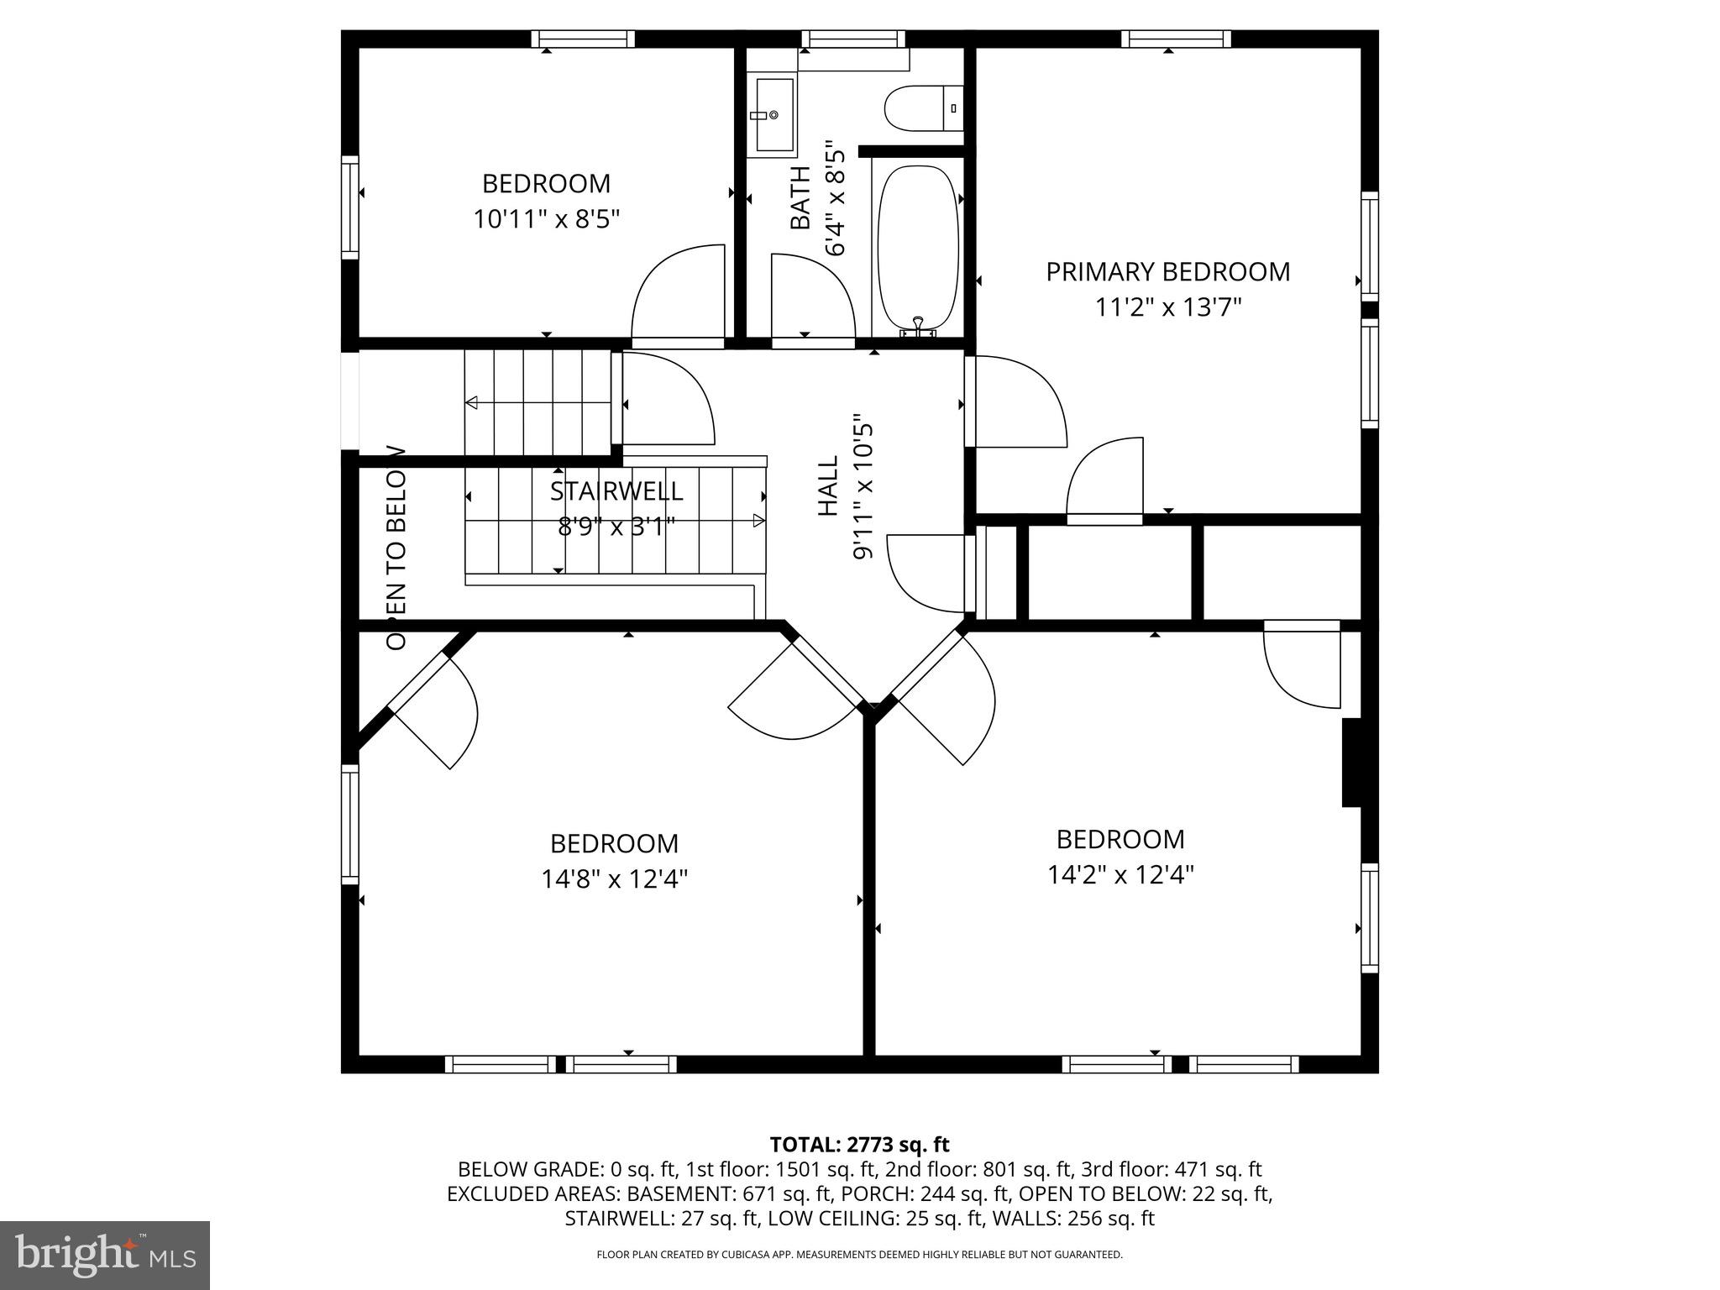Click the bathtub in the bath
(x=917, y=249)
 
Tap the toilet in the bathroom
(x=922, y=108)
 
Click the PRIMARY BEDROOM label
(x=1167, y=272)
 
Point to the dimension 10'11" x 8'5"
(x=546, y=220)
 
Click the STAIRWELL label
(x=616, y=491)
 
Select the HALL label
(x=828, y=485)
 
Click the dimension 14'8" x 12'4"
(x=614, y=879)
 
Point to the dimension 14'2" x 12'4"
(x=1120, y=875)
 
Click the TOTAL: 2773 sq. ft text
(x=859, y=1144)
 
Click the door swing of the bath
(x=811, y=298)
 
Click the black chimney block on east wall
(x=1350, y=763)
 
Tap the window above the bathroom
(x=853, y=39)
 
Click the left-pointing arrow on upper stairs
(x=472, y=403)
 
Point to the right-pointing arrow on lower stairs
(x=759, y=521)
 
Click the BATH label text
(x=801, y=198)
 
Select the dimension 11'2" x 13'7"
(x=1167, y=308)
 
